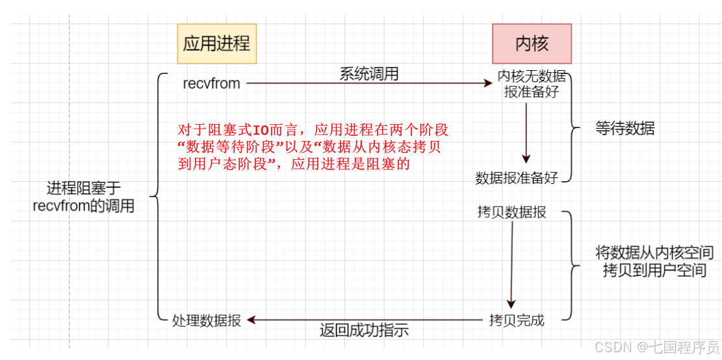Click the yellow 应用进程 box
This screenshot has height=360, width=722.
[216, 44]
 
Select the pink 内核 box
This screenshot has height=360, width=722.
[532, 44]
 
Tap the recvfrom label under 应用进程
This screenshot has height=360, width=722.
[211, 83]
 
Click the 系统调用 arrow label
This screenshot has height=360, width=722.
[368, 74]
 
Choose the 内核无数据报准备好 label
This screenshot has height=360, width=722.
[532, 84]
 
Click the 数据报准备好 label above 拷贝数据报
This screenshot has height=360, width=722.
[517, 178]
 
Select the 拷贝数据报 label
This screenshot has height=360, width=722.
[511, 212]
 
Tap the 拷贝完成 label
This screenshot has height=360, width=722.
[517, 320]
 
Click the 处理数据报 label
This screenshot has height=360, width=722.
[207, 320]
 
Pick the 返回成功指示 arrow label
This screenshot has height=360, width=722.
[364, 329]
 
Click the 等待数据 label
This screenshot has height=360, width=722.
[625, 129]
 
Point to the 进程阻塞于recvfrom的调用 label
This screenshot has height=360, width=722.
[84, 198]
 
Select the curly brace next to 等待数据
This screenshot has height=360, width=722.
[573, 129]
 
